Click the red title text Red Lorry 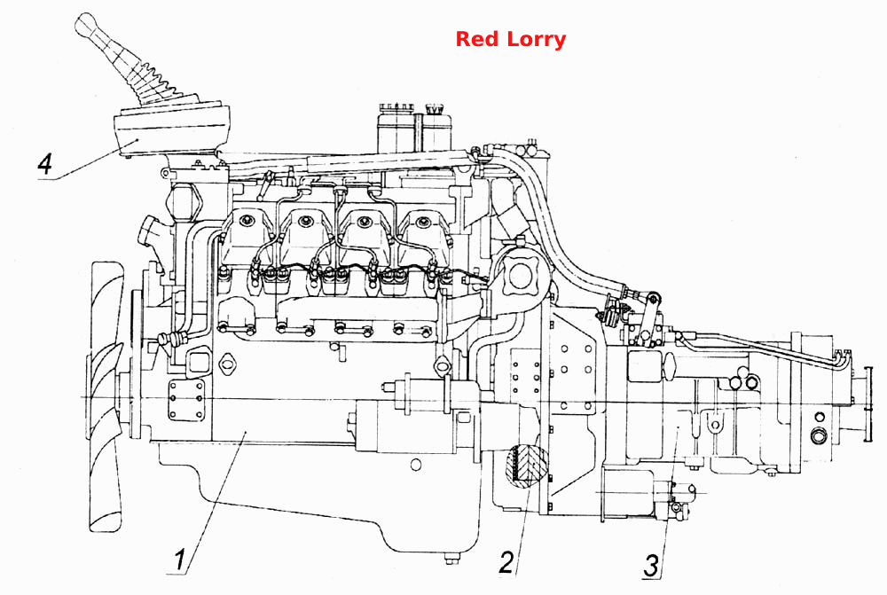[510, 39]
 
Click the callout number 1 [180, 560]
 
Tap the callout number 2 [506, 561]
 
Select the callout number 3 [652, 566]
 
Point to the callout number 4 [44, 163]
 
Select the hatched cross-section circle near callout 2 [529, 465]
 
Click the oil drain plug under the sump [451, 558]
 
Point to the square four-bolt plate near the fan [186, 399]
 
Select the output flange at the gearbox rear [860, 405]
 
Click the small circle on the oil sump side [416, 465]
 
